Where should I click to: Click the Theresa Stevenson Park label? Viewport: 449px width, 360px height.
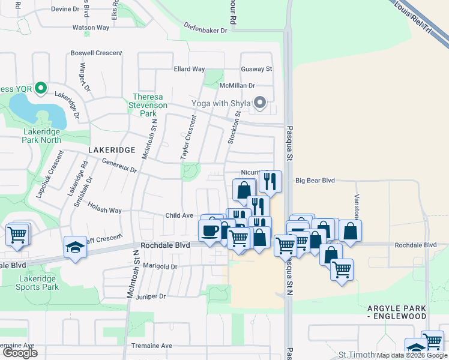144,105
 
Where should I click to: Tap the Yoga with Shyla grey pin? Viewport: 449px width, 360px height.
260,103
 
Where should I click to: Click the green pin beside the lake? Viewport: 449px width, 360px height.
41,89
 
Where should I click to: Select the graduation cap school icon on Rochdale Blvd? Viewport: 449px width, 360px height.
75,247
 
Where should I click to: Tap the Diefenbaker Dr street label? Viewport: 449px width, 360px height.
206,29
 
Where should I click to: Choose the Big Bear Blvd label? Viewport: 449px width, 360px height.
315,180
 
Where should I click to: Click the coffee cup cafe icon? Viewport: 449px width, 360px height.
210,230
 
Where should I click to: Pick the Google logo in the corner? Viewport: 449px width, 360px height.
20,353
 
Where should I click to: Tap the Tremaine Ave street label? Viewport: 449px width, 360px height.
152,346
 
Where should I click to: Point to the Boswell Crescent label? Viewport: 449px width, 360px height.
96,53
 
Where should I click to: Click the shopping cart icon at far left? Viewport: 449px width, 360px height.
17,235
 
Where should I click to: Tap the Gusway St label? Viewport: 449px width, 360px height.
256,70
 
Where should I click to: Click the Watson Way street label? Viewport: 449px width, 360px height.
91,28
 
